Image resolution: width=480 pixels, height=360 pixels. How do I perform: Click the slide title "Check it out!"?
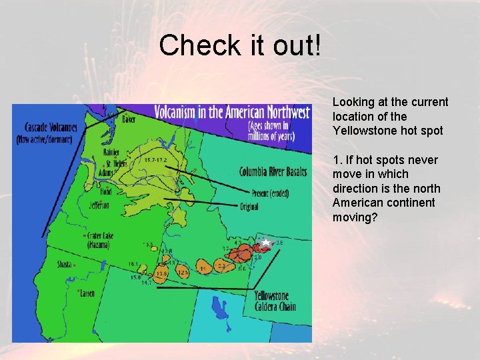point(240,45)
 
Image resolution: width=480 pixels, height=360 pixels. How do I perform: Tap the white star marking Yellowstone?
point(265,243)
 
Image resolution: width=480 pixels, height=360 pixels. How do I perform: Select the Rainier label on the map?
point(112,153)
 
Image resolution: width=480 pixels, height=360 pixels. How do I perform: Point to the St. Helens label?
point(116,163)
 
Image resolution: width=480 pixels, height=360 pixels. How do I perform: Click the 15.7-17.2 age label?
point(155,160)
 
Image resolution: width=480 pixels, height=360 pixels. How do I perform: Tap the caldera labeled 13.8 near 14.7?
point(161,274)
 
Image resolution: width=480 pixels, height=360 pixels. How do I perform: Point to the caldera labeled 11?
point(203,268)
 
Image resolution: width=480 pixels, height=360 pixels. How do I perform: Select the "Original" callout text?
point(249,207)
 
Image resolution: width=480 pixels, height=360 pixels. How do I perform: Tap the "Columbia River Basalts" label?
point(273,171)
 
